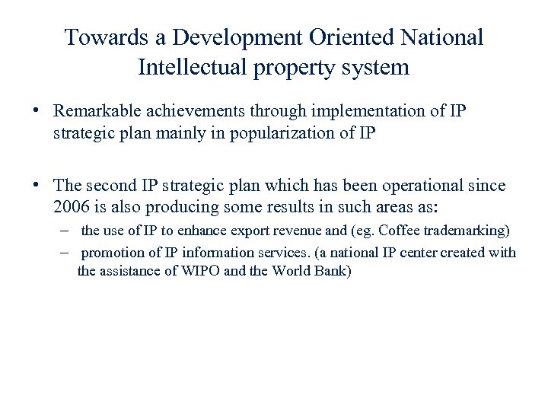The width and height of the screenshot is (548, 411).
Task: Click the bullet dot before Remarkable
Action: pyautogui.click(x=36, y=110)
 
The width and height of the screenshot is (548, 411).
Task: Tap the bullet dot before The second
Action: pyautogui.click(x=36, y=185)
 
